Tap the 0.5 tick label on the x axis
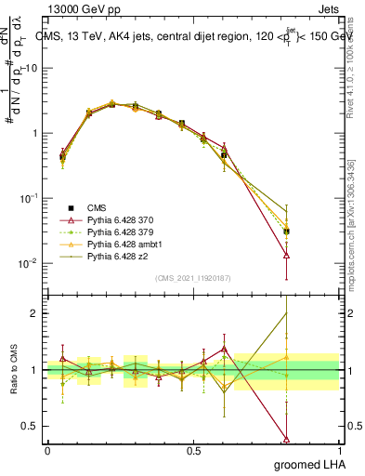coord(193,451)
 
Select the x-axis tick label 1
coord(339,451)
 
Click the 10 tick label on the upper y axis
coord(33,69)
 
